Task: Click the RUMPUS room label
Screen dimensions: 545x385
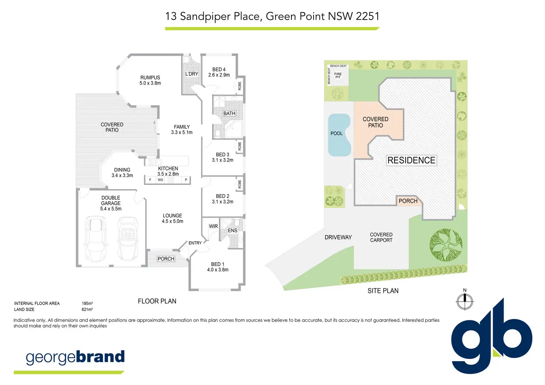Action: (150, 78)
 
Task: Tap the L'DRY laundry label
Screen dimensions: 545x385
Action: (192, 74)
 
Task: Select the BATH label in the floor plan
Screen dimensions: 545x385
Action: (229, 114)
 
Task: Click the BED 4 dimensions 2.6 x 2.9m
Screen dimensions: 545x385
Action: (219, 75)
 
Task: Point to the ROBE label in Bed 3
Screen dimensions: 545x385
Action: (240, 146)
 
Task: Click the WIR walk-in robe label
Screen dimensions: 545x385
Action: (213, 226)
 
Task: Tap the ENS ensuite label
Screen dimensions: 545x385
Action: (233, 230)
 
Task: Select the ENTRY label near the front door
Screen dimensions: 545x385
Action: (195, 243)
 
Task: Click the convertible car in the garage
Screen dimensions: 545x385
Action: (128, 239)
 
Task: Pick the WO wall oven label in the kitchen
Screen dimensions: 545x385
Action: (160, 180)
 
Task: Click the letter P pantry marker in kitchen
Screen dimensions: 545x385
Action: (186, 180)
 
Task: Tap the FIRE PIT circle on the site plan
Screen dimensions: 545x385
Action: (338, 75)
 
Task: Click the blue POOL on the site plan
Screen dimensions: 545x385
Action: (339, 135)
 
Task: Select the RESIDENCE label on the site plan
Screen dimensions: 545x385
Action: (411, 161)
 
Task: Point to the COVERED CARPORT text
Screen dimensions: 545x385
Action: (381, 237)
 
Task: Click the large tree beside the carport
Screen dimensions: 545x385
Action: (446, 245)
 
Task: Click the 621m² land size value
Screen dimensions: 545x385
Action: (87, 310)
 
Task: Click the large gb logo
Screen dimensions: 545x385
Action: (492, 336)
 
